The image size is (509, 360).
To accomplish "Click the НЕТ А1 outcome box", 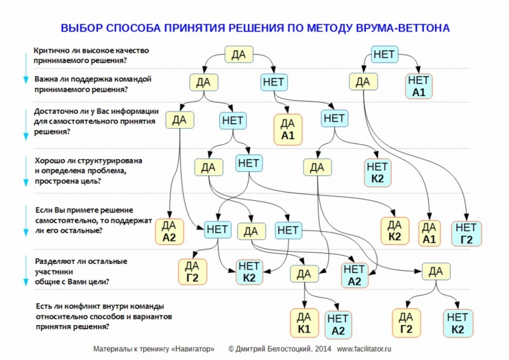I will click(418, 86).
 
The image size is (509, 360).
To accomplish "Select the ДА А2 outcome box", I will click(169, 231).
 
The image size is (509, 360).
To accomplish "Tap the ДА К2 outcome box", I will click(395, 231).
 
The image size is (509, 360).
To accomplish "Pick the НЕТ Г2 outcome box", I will click(466, 233).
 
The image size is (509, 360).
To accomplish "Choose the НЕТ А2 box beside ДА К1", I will click(338, 325).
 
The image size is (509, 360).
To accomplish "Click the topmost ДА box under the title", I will click(238, 55).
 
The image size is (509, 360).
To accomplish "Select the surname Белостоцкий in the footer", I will click(283, 348).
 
